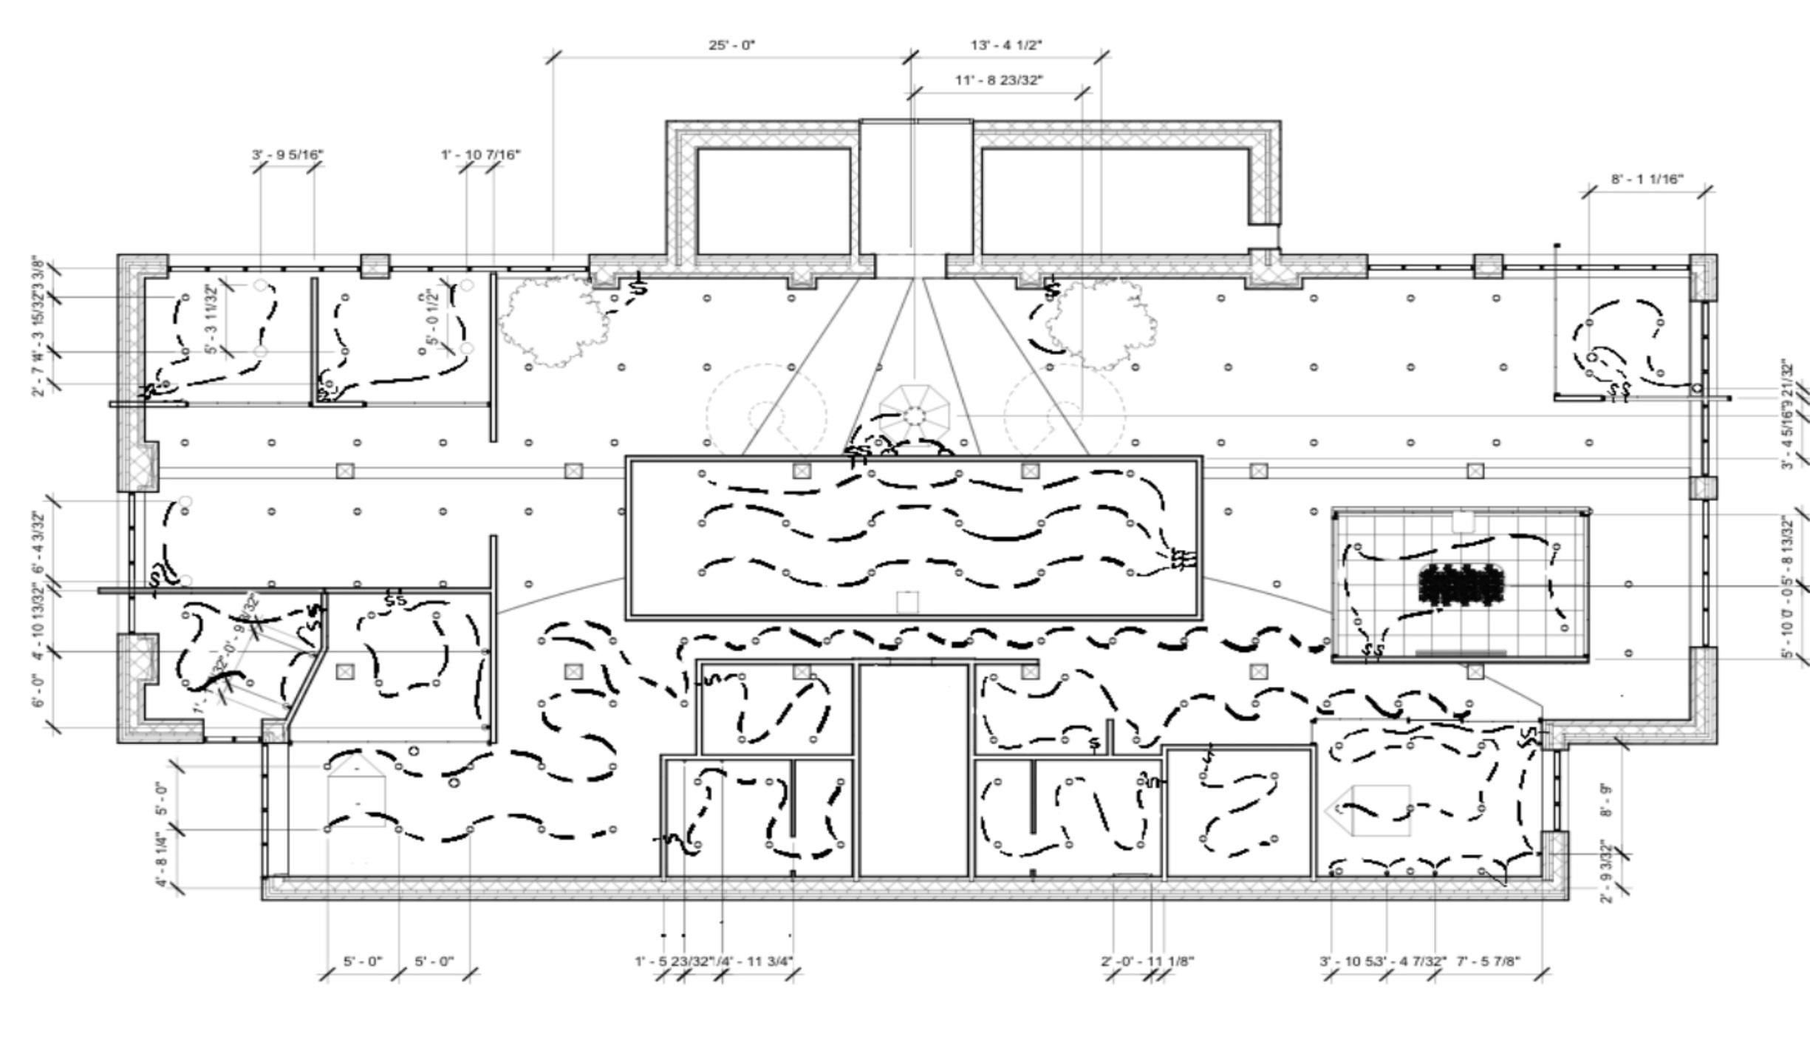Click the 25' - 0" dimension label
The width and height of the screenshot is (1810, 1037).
[731, 45]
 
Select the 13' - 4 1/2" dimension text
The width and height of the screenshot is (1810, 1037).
[1005, 45]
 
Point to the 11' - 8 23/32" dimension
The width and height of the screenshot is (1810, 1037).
[999, 80]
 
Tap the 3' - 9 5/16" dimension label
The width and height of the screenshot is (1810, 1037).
[287, 154]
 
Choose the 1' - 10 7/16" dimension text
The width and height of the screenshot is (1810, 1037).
[480, 154]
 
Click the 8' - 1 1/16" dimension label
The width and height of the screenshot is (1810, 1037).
[1647, 180]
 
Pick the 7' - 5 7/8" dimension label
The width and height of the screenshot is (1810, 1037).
[1488, 961]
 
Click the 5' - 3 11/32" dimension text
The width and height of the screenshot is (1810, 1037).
[213, 319]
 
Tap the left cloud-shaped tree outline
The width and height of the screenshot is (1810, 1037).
[550, 321]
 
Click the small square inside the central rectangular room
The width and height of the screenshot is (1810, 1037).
[907, 602]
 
